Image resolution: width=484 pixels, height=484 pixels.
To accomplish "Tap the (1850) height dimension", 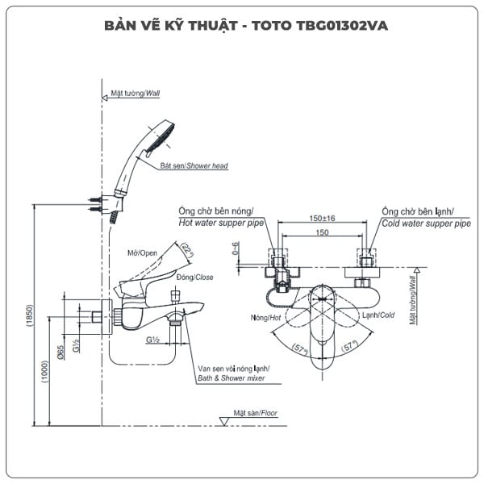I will pyautogui.click(x=31, y=315).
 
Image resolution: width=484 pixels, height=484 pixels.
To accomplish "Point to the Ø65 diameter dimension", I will pyautogui.click(x=60, y=353).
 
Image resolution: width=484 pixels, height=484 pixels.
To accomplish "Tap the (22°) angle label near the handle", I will pyautogui.click(x=188, y=252).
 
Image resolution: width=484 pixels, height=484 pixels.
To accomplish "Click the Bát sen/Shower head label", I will pyautogui.click(x=194, y=166).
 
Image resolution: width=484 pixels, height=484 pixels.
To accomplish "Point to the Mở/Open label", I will pyautogui.click(x=141, y=252).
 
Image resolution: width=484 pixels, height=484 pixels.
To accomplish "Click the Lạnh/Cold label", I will pyautogui.click(x=378, y=315).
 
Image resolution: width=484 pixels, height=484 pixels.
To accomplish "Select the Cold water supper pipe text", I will pyautogui.click(x=426, y=223).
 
